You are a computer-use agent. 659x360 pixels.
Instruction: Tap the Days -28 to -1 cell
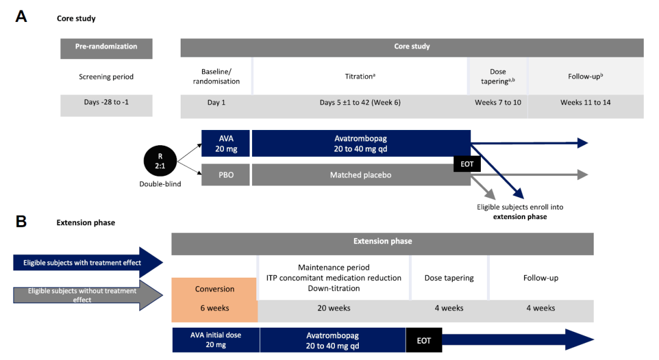[106, 103]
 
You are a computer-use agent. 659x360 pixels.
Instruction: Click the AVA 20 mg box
[226, 143]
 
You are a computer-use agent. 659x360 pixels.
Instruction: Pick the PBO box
[226, 175]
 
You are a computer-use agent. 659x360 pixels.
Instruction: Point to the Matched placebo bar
[361, 175]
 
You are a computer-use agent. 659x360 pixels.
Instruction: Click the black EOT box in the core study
[467, 163]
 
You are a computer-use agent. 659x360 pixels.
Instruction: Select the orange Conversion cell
[215, 289]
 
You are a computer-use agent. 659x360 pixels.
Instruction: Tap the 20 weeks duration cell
[334, 308]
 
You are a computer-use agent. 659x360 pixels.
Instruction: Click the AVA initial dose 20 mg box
[216, 340]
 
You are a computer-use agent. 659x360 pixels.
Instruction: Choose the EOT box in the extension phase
[423, 340]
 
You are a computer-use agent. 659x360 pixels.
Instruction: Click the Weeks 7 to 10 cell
[497, 103]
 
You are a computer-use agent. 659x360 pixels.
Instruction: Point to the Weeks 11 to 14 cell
[585, 103]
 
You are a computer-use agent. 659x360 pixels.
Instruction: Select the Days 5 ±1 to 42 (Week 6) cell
[360, 103]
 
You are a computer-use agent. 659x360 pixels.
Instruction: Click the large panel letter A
[21, 17]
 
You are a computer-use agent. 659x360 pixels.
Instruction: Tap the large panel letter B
[21, 221]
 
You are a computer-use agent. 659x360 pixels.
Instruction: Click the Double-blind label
[160, 184]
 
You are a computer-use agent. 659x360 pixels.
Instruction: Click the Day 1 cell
[216, 103]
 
